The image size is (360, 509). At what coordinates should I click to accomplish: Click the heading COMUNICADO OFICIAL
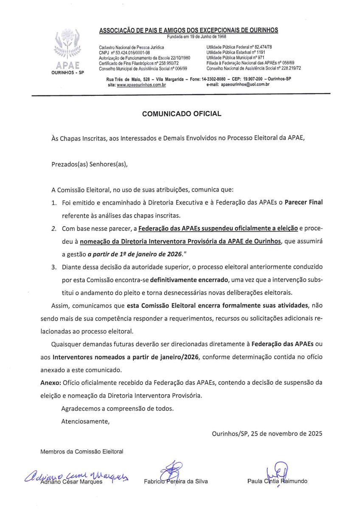pyautogui.click(x=182, y=114)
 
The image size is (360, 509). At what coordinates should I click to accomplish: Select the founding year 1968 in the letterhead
pyautogui.click(x=220, y=36)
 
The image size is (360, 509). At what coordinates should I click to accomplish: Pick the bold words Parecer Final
pyautogui.click(x=304, y=202)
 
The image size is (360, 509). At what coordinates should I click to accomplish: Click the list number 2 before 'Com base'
pyautogui.click(x=54, y=229)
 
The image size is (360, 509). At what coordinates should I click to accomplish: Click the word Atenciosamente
pyautogui.click(x=85, y=422)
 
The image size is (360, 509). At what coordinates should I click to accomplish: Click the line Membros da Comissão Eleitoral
pyautogui.click(x=82, y=452)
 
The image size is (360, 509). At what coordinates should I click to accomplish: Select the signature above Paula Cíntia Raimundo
pyautogui.click(x=277, y=471)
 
